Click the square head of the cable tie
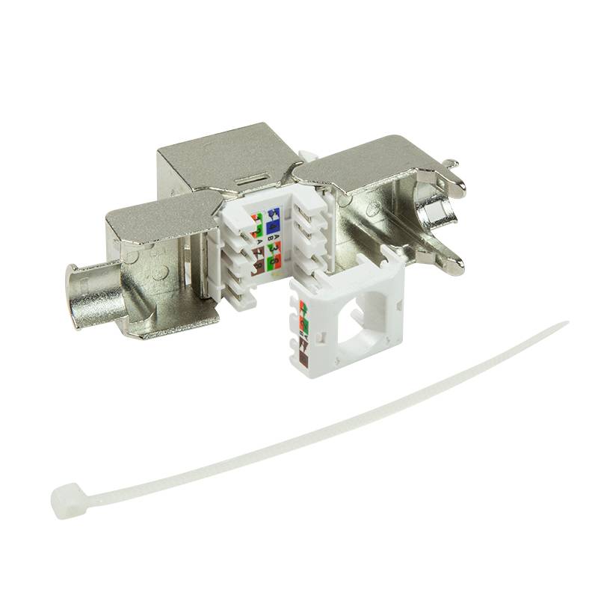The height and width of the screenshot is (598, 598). pos(65,497)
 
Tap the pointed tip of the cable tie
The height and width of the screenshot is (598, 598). pos(565,324)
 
